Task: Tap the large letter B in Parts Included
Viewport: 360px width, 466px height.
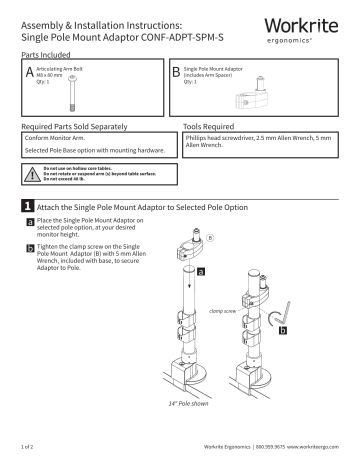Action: coord(176,72)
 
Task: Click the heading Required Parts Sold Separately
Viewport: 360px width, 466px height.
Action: coord(75,128)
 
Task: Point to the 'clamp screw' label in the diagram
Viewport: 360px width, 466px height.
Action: coord(222,311)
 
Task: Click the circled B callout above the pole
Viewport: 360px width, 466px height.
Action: coord(209,239)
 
